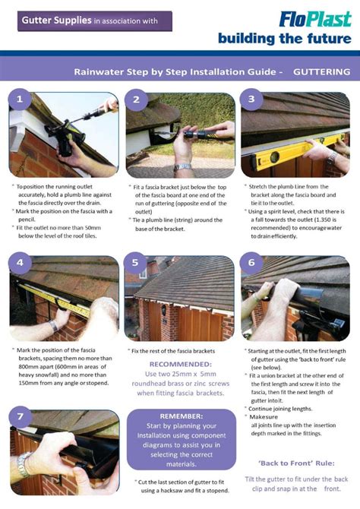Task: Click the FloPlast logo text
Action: tap(313, 18)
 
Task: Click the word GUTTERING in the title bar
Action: tap(321, 72)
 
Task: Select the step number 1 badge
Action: tap(21, 100)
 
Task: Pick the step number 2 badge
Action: tap(137, 100)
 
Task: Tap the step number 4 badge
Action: tap(21, 264)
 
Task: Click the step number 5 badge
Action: tap(137, 264)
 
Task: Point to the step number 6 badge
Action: tap(251, 264)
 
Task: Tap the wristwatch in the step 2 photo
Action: tap(182, 166)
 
